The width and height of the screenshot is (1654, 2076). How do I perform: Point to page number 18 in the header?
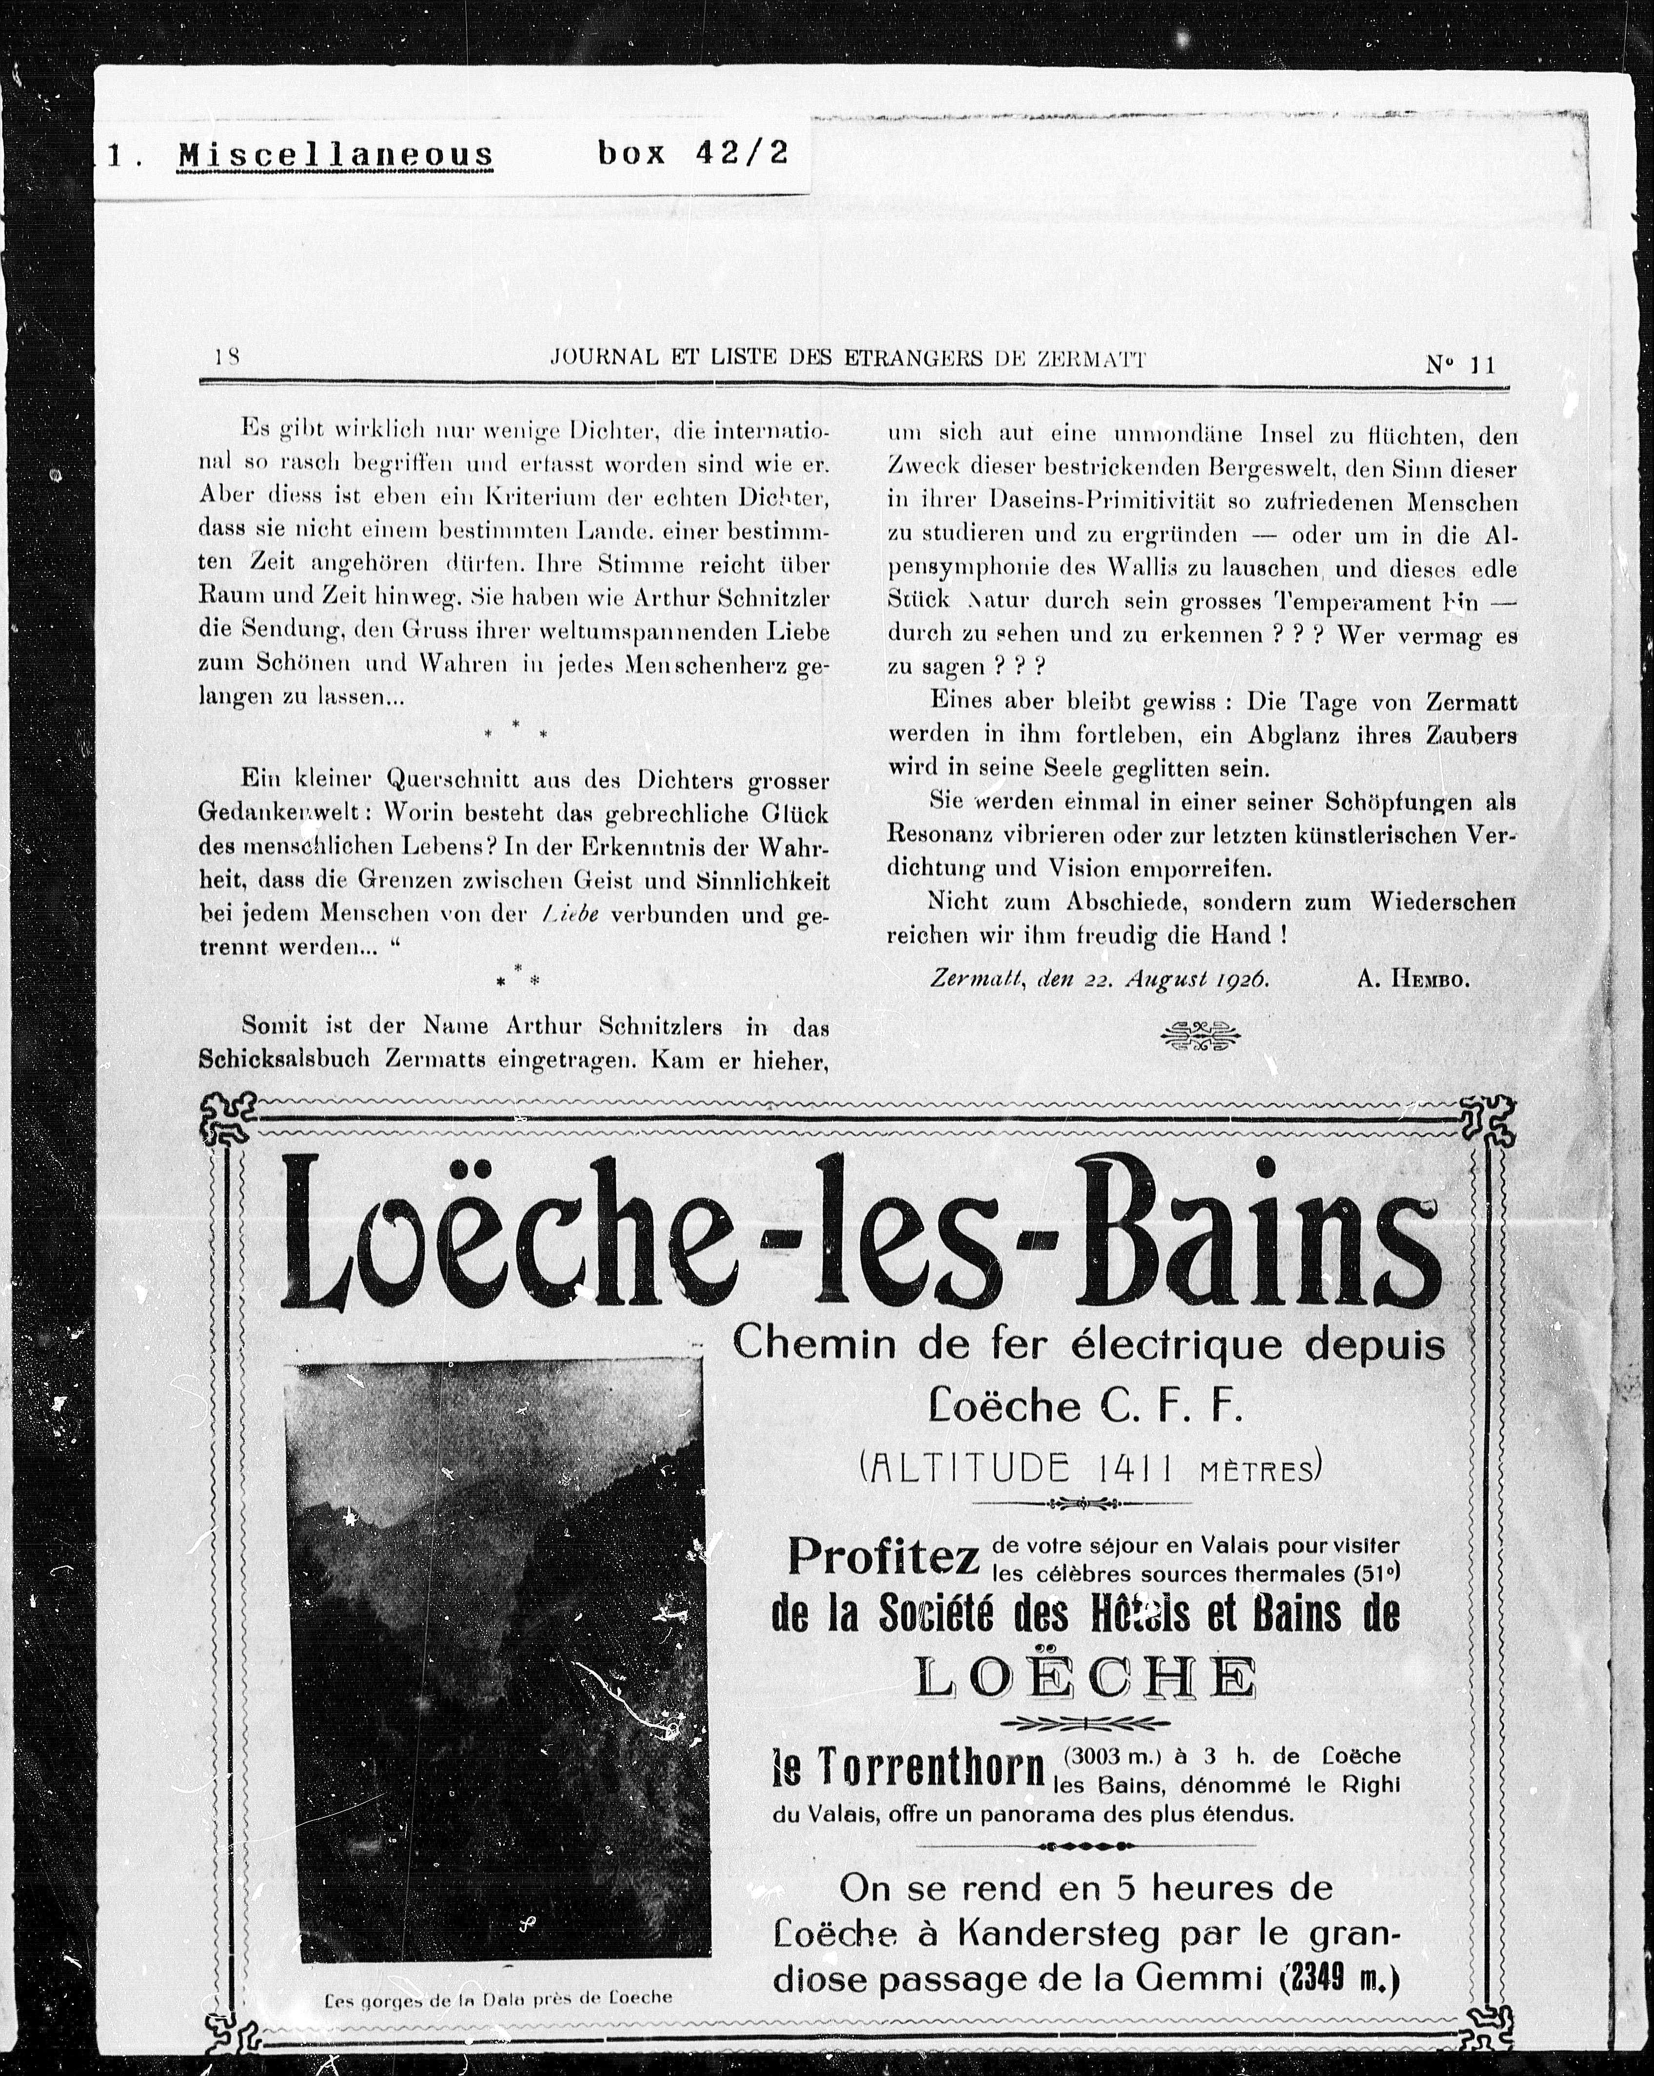click(227, 356)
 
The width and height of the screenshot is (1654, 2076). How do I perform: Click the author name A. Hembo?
click(1412, 979)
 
